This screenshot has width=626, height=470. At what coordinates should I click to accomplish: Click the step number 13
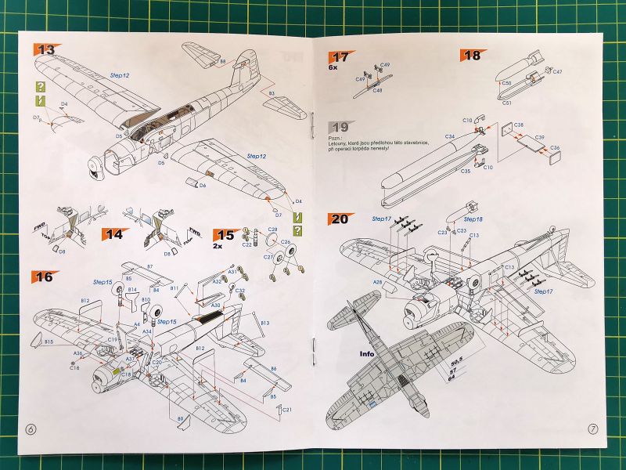pos(46,49)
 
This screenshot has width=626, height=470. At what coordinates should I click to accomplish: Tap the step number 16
pos(44,277)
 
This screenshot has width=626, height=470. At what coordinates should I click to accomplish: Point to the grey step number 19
pos(340,127)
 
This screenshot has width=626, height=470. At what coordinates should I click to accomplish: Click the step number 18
pos(473,55)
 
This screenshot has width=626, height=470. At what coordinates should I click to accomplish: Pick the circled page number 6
pos(31,429)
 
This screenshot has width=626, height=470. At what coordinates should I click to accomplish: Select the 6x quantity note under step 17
pos(333,68)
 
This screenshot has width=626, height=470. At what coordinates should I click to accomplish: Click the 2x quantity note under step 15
pos(219,245)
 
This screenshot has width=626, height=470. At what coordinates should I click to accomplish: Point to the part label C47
pos(558,72)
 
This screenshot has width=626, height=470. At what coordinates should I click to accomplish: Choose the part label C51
pos(506,102)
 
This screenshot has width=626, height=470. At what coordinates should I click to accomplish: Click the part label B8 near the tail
pos(222,60)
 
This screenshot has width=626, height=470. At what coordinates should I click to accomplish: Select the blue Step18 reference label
pos(473,220)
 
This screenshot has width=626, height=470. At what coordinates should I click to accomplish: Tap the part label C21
pos(287,410)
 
